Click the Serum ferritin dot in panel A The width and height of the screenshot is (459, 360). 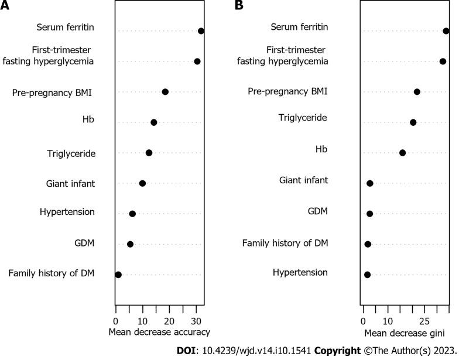(x=201, y=31)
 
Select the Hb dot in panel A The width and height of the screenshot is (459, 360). (x=153, y=122)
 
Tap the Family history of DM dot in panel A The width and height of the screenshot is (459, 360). (x=118, y=275)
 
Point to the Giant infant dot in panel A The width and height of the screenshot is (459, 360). (x=142, y=183)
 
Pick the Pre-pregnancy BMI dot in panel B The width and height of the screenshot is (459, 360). (x=417, y=92)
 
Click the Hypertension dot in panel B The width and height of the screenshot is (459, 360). (x=367, y=275)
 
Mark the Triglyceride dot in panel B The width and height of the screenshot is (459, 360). (x=413, y=122)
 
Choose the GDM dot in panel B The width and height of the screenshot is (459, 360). (x=369, y=214)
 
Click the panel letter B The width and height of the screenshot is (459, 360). (x=239, y=6)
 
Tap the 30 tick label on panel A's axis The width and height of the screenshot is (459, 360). (x=196, y=321)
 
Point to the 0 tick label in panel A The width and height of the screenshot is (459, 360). (x=115, y=321)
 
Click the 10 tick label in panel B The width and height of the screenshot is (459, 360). (x=388, y=321)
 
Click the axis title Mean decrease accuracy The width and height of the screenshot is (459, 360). (x=159, y=332)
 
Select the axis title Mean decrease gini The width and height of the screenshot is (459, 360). (x=404, y=332)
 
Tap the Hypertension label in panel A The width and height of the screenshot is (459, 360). (x=67, y=212)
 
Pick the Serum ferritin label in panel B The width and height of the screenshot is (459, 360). (x=299, y=28)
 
